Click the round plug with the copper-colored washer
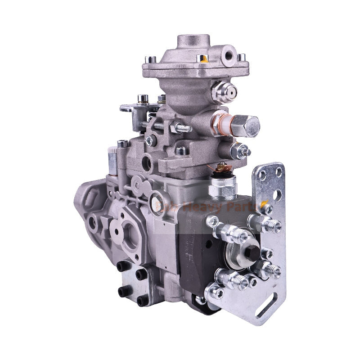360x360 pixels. pyautogui.click(x=157, y=196)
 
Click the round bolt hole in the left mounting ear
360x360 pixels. pyautogui.click(x=93, y=220)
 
